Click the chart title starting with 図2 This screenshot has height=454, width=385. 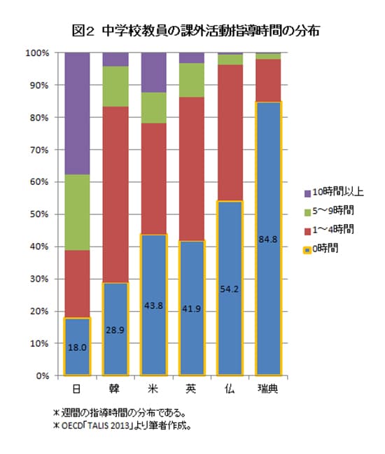192,32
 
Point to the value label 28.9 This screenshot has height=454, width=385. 115,329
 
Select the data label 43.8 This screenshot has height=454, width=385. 154,305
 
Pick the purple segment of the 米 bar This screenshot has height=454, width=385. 154,72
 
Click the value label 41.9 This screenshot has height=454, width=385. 192,308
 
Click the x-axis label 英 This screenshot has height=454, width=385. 192,389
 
